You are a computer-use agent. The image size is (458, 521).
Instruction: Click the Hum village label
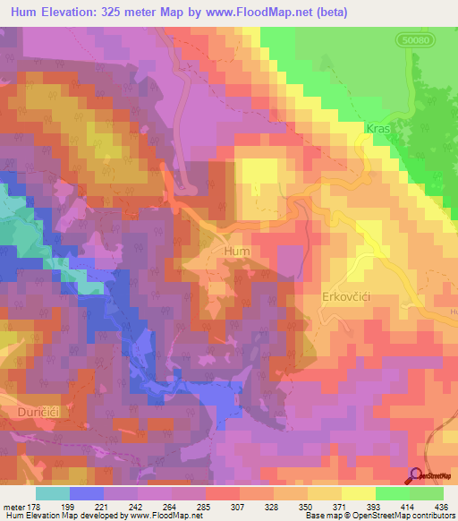(237, 252)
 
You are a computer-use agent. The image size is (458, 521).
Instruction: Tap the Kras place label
(377, 129)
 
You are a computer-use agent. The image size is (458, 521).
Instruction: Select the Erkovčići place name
(347, 296)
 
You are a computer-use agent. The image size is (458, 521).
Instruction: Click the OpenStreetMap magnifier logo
(417, 477)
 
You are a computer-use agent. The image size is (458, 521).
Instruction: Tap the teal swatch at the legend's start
(53, 493)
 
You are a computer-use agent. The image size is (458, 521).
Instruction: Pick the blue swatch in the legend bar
(87, 493)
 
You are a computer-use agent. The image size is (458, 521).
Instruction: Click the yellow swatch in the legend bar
(358, 493)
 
